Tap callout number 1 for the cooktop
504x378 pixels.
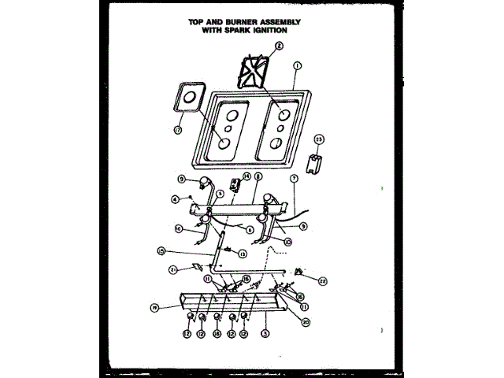297,66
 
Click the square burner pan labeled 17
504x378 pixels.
187,99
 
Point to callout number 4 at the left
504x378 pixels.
174,198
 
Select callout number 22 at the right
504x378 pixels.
323,280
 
